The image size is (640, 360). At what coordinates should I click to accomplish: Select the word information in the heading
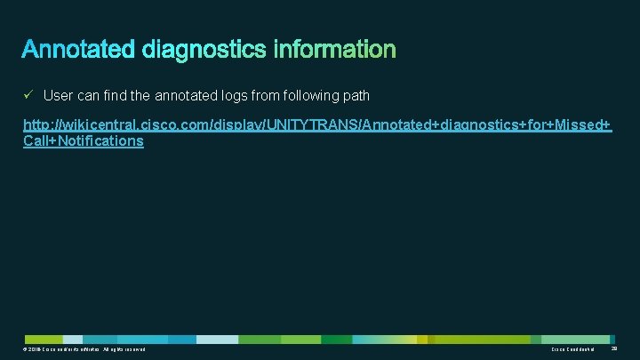(x=334, y=49)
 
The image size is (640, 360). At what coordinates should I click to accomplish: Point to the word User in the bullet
(x=58, y=95)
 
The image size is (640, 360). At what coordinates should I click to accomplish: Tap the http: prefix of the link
(x=37, y=124)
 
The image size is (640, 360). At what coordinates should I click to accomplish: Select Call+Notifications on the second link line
(x=83, y=140)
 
